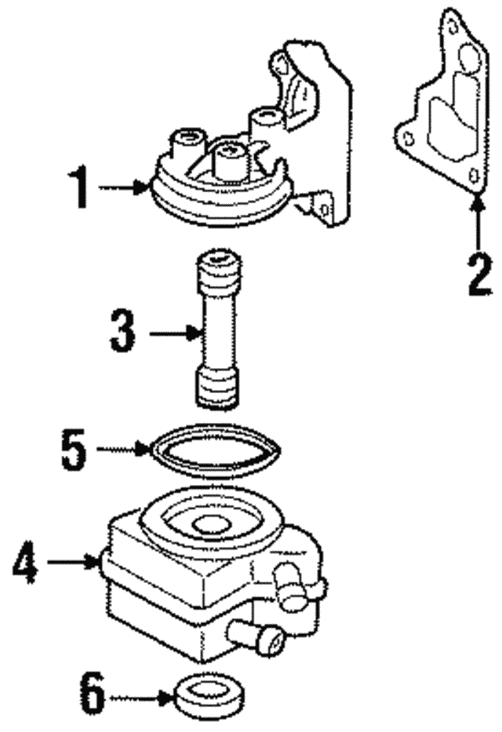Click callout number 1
coord(81,188)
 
